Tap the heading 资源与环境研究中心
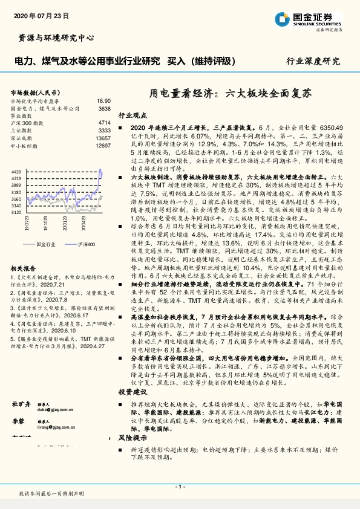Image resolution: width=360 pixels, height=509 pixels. point(53,37)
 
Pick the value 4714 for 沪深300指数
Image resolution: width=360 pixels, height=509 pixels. point(104,123)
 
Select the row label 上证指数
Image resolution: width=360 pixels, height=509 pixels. point(22,131)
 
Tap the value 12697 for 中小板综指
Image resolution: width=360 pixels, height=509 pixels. point(103,146)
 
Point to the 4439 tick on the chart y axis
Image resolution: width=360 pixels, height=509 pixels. point(16,172)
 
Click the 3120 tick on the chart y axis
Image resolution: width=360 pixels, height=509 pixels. point(16,213)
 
